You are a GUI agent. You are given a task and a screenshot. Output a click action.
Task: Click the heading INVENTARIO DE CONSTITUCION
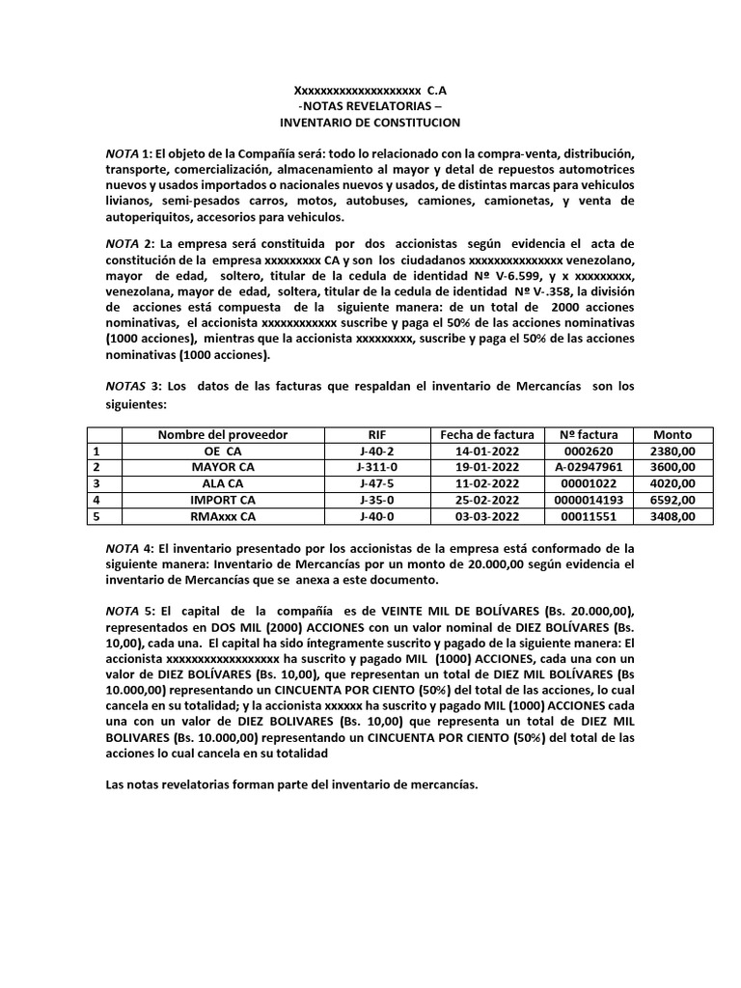tap(370, 123)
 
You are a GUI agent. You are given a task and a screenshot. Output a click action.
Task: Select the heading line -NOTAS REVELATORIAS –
tap(370, 106)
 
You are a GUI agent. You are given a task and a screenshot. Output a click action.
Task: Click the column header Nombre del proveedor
tap(223, 434)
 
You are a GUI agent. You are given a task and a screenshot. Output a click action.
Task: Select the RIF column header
tap(377, 434)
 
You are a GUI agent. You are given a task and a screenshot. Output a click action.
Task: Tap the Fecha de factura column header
tap(480, 434)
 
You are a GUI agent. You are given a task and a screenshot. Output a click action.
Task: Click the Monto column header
tap(672, 434)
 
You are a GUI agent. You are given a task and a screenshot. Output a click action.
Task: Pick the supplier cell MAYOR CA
tap(223, 466)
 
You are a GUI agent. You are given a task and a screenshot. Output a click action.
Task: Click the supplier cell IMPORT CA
tap(223, 500)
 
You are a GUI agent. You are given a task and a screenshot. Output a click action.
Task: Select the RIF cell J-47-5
tap(377, 482)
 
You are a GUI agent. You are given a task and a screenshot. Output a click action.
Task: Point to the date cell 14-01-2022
tap(480, 450)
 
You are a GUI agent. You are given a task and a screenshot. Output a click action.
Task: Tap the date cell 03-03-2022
tap(480, 516)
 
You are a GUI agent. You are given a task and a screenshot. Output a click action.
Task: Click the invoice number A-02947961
tap(582, 466)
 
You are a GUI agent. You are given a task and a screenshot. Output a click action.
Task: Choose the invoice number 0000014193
tap(582, 500)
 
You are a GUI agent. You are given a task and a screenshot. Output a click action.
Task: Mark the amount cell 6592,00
tap(672, 500)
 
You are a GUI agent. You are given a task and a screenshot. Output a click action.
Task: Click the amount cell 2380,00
tap(672, 450)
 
